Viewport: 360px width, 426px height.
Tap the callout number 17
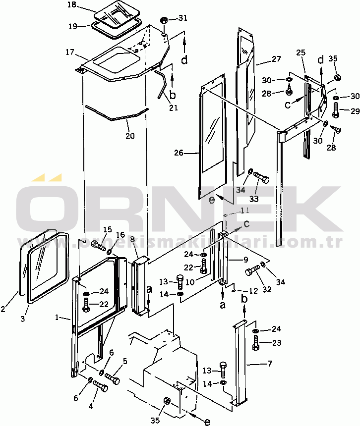pyautogui.click(x=69, y=51)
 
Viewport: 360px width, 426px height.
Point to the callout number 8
pyautogui.click(x=132, y=240)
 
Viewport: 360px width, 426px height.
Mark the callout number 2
pyautogui.click(x=3, y=310)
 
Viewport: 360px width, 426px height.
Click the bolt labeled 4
pyautogui.click(x=101, y=387)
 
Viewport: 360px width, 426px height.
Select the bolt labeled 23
pyautogui.click(x=256, y=342)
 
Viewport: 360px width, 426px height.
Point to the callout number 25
pyautogui.click(x=300, y=52)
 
